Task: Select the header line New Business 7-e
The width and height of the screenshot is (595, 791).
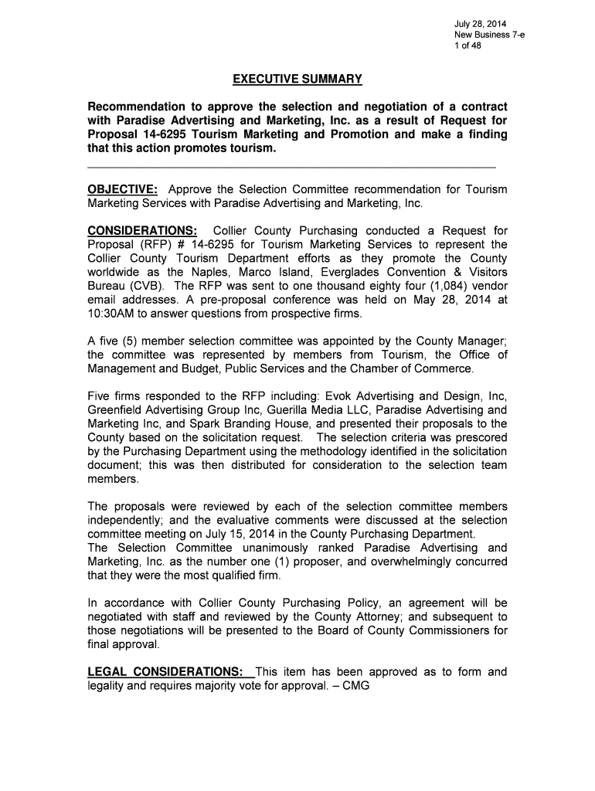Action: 490,35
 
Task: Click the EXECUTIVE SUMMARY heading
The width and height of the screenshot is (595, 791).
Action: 297,80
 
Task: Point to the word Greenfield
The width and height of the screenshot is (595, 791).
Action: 117,410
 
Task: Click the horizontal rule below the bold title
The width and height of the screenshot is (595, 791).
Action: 292,167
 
